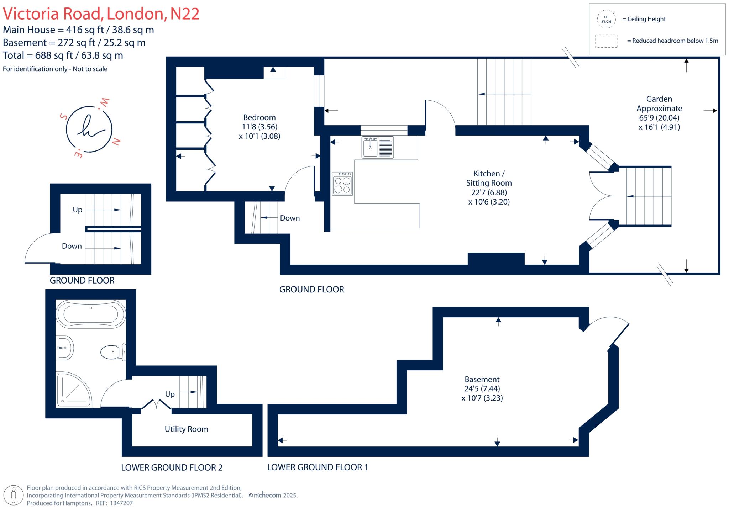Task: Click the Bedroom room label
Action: (259, 117)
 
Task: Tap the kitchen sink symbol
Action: (378, 147)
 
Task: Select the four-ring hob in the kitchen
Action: (342, 184)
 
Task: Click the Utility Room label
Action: (187, 429)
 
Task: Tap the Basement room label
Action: (482, 379)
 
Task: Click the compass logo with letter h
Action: (89, 129)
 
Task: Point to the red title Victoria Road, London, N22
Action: (101, 14)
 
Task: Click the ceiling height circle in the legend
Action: (606, 19)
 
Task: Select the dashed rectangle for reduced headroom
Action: (606, 41)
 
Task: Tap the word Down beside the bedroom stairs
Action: (290, 218)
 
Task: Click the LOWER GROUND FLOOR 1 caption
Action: (318, 467)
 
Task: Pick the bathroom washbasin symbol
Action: (65, 348)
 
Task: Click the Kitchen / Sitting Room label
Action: (489, 178)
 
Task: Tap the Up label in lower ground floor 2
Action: (170, 394)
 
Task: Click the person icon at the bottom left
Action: (14, 496)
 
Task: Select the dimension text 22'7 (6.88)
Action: (489, 192)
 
